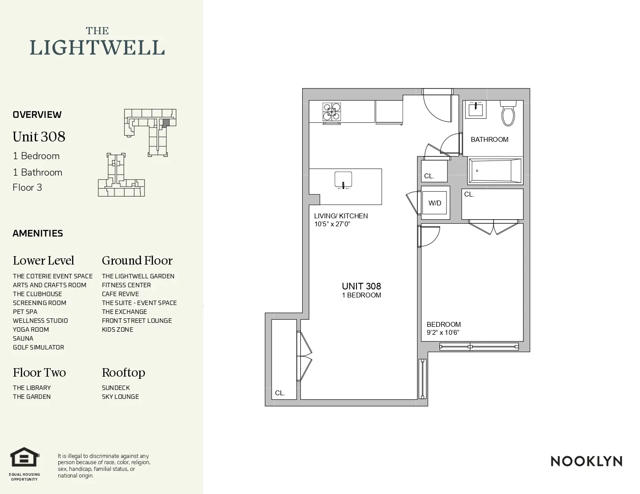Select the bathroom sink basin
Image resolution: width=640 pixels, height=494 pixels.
point(476,109)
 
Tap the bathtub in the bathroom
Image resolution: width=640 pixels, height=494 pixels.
point(494,170)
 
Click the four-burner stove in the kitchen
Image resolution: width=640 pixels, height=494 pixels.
point(332,112)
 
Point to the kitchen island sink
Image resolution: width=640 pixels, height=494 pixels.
point(343,180)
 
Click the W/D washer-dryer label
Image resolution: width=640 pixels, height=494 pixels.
point(435,203)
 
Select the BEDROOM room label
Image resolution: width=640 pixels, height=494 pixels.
point(444,325)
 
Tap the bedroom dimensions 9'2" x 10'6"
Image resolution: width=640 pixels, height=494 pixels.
point(443,333)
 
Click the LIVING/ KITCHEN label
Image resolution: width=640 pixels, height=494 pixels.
point(341,216)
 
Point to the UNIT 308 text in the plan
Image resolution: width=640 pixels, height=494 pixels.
point(361,286)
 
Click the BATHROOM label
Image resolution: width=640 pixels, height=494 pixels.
point(489,140)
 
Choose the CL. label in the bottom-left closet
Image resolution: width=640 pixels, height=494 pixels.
point(280,393)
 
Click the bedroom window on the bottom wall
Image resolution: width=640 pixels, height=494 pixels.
point(479,346)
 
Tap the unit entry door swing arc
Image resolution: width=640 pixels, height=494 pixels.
point(438,108)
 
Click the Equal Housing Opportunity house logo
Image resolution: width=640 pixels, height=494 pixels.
point(25,458)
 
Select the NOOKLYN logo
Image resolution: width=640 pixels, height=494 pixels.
point(586,461)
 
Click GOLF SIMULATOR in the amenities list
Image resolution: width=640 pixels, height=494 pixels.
point(38,347)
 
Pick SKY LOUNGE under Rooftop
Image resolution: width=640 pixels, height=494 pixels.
point(120,397)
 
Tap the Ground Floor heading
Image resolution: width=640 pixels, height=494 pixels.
point(137,261)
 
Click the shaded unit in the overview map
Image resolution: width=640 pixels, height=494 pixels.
point(166,122)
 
